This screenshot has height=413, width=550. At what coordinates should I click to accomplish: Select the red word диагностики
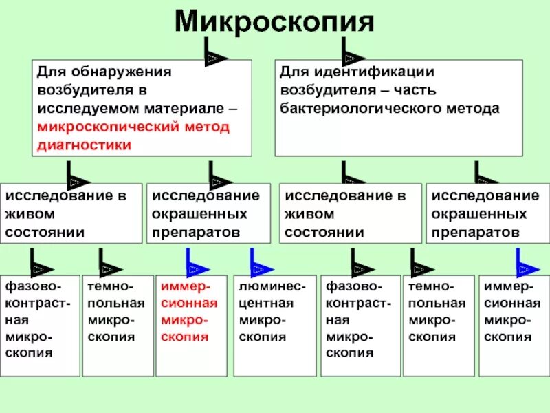[x=83, y=146]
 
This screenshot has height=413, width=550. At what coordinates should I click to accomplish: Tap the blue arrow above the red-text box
[x=192, y=263]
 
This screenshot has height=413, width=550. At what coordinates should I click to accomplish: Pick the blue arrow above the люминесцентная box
[x=257, y=263]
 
